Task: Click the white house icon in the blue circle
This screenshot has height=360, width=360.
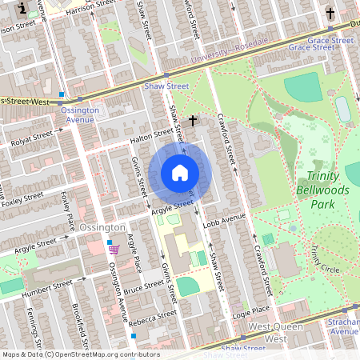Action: point(180,173)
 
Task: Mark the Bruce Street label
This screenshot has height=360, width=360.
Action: point(145,286)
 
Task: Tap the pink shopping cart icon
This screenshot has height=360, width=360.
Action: point(114,250)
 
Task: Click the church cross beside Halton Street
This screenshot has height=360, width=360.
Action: point(192,121)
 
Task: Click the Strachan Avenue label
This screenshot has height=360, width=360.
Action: point(345,326)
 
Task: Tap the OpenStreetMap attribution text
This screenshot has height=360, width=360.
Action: point(81,354)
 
